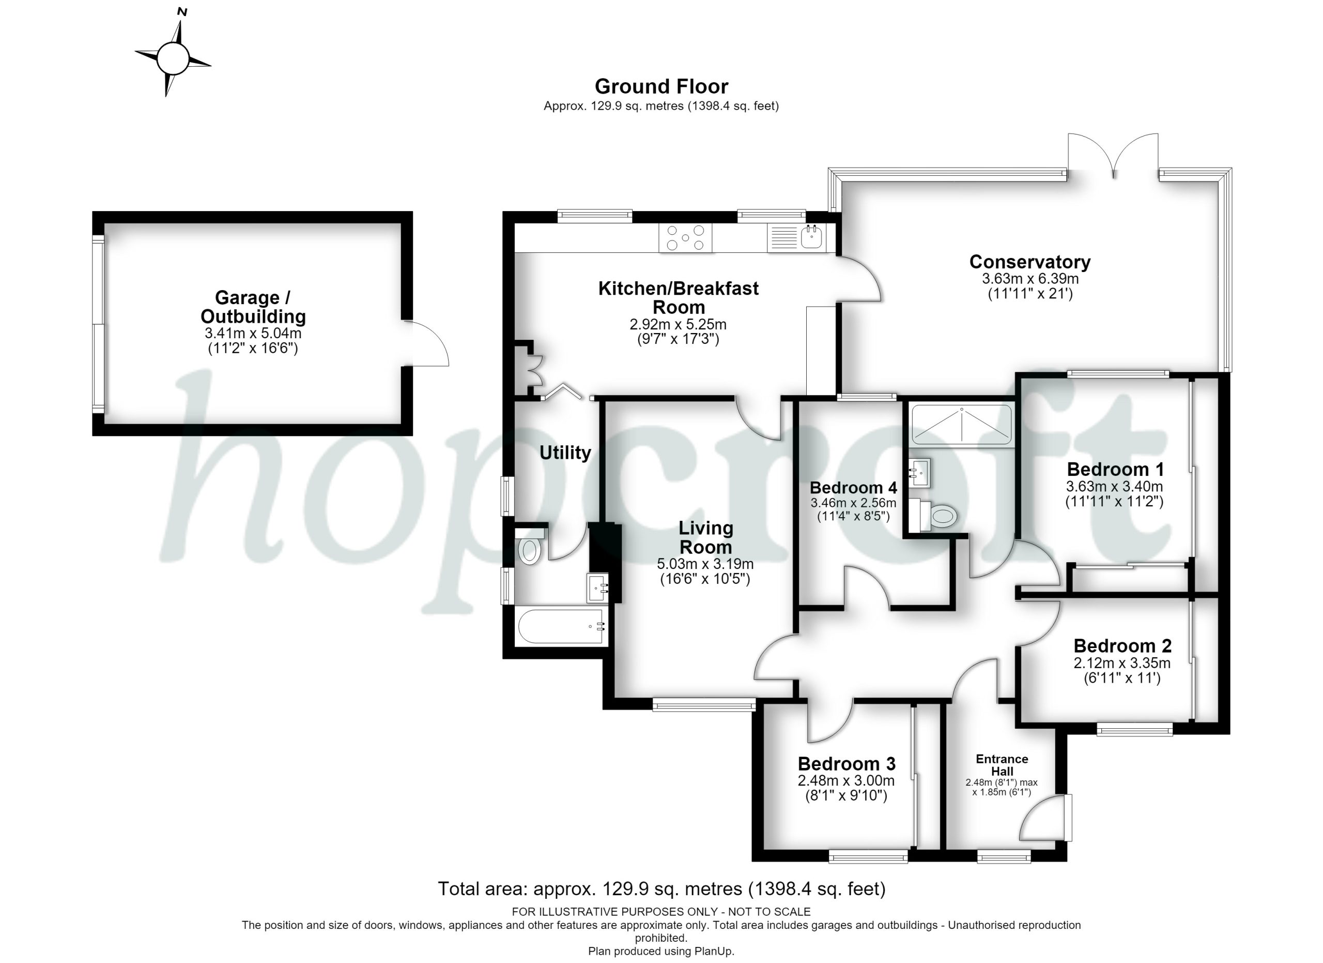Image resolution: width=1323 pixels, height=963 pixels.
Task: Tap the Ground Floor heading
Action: (x=661, y=86)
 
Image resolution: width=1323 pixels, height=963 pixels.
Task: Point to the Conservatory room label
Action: (x=1029, y=262)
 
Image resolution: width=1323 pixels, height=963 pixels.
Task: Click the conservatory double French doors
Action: (x=1113, y=155)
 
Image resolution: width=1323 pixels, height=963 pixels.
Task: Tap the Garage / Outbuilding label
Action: (x=253, y=307)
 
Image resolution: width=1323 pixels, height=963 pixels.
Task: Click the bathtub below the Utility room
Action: (x=561, y=627)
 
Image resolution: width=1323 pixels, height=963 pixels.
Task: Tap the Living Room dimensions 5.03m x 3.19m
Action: (x=705, y=564)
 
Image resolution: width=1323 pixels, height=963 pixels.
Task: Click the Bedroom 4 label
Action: (x=853, y=487)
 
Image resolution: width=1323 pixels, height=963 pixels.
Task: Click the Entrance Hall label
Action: (x=1002, y=764)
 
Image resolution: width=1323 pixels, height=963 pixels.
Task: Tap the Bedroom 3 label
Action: (x=847, y=763)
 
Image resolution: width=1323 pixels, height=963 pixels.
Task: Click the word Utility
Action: (x=565, y=453)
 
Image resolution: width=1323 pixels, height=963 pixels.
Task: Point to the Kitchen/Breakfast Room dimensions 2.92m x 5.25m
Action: (x=678, y=324)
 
